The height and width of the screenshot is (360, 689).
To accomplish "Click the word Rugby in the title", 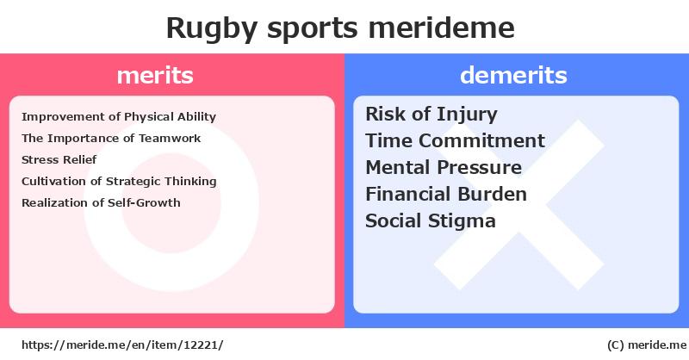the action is (x=211, y=29).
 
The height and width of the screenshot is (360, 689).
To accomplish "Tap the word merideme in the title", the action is (x=441, y=28).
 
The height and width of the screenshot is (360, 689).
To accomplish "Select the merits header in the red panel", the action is (x=155, y=75).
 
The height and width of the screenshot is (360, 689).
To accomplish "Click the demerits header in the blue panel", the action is (x=513, y=75).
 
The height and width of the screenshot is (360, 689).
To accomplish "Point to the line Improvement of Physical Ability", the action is (x=119, y=117).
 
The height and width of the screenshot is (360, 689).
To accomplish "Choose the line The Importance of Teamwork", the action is (x=111, y=138).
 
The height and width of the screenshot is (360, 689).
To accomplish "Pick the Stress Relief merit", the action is (x=59, y=159).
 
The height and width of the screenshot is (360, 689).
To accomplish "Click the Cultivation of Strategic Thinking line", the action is (x=119, y=182).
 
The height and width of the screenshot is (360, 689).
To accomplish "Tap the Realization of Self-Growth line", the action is (x=101, y=202).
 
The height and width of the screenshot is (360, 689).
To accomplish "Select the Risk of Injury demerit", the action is (x=431, y=115).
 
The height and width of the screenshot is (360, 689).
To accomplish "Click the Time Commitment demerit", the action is (x=456, y=140).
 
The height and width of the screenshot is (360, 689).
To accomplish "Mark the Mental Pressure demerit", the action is (x=444, y=167).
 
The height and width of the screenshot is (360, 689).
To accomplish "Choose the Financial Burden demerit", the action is (x=446, y=194).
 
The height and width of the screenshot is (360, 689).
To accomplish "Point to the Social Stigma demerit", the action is (x=431, y=221).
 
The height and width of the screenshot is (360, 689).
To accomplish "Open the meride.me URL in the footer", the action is (x=122, y=345).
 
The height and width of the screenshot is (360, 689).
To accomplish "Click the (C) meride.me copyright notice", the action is (x=647, y=345).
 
